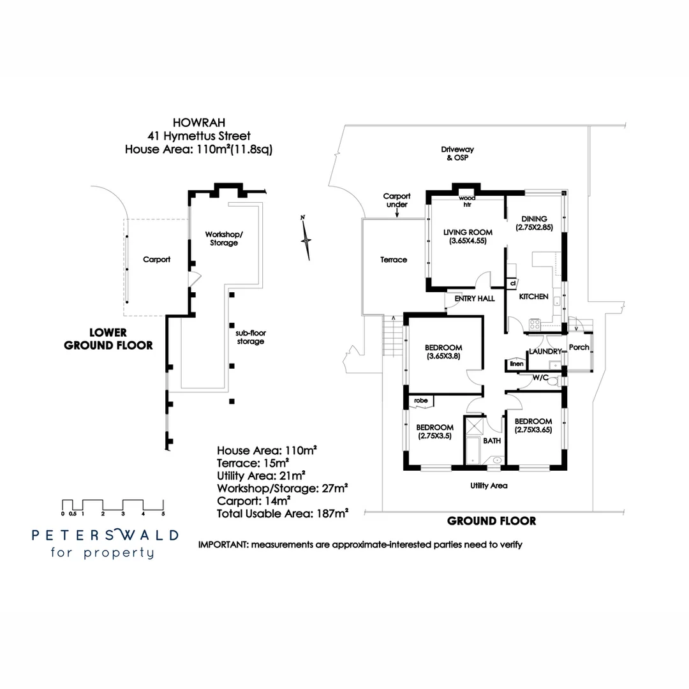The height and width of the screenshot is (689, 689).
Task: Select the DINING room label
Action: coord(535,219)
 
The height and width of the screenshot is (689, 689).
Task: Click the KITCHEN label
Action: coord(533,297)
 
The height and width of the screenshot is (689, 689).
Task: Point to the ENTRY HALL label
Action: coord(474,299)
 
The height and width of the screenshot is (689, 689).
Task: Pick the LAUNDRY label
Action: coord(545,352)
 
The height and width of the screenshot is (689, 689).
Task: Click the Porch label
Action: coord(579,347)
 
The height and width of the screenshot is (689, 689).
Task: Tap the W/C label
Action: coord(540,378)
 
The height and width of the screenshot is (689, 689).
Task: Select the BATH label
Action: coord(492,441)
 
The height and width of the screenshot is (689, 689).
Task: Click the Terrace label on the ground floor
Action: coord(394,260)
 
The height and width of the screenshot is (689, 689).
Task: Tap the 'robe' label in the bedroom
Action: coord(420,401)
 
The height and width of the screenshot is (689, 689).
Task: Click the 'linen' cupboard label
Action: coord(516,364)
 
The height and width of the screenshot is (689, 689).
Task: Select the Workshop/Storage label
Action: coord(222,239)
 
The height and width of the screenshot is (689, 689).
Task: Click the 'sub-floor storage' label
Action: coord(249,337)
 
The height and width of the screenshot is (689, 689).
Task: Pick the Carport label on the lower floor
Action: coord(156,260)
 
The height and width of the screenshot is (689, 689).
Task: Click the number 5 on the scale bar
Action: coord(163,514)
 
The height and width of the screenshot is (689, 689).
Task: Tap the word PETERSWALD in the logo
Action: coord(105,535)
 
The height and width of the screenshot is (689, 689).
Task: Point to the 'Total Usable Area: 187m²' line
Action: coord(282,513)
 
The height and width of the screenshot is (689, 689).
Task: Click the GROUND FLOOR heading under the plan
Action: coord(491,521)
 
